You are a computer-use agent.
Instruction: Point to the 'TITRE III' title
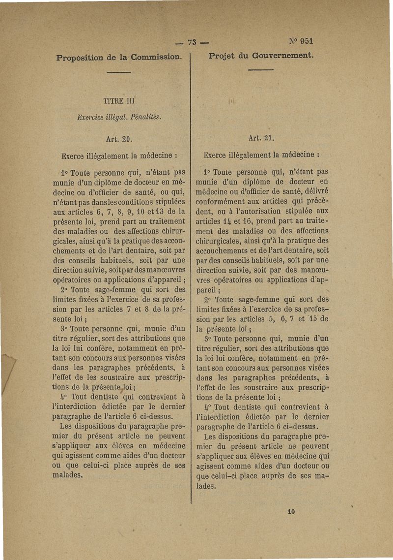(x=116, y=102)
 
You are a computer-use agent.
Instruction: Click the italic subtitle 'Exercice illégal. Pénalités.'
(x=119, y=118)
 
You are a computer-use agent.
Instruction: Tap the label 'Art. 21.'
(x=261, y=138)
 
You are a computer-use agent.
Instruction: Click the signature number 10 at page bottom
(x=290, y=512)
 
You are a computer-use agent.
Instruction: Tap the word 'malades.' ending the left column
(x=68, y=476)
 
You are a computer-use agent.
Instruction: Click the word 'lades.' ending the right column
(x=206, y=486)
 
